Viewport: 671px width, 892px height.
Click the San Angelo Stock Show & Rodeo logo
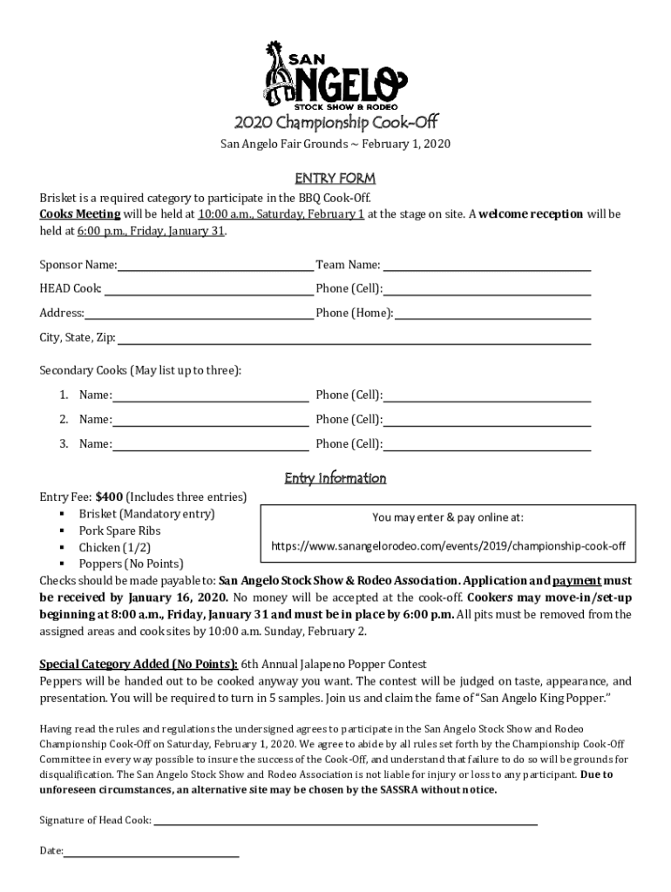[335, 75]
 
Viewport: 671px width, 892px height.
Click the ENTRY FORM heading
[335, 179]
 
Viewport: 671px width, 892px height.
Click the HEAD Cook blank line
[208, 289]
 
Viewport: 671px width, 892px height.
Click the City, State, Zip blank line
[354, 338]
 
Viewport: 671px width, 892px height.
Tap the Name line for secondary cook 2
[211, 420]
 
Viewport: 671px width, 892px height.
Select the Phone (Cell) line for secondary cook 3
[487, 444]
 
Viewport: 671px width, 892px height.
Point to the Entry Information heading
[335, 478]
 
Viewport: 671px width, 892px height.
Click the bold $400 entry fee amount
[110, 497]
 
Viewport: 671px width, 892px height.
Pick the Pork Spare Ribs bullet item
[119, 530]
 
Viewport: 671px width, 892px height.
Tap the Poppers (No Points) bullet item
[131, 564]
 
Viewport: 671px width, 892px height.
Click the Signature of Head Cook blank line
[345, 821]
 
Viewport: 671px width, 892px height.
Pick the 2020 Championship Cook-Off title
[335, 121]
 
